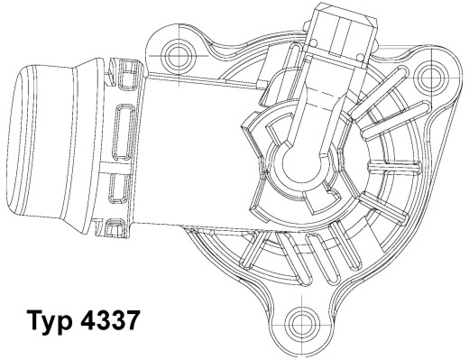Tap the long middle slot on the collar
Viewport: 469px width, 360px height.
124,140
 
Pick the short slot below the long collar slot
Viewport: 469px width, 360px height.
118,189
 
